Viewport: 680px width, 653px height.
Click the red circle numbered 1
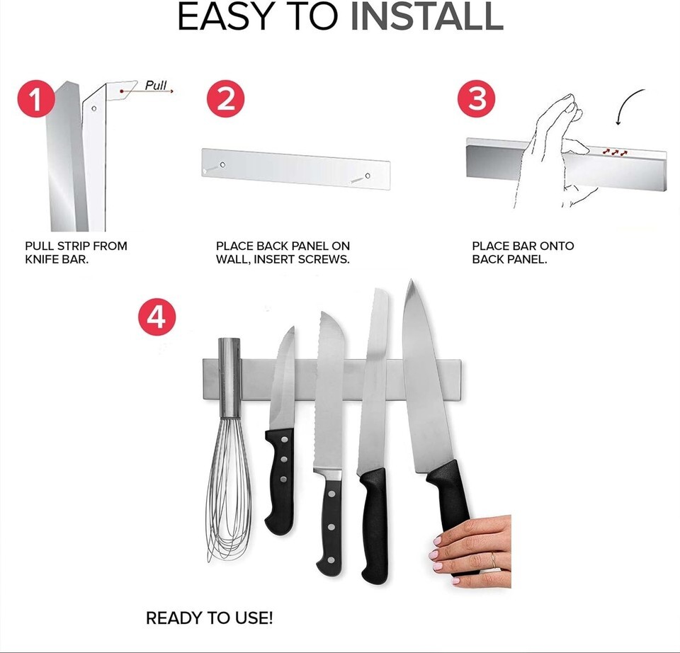point(36,99)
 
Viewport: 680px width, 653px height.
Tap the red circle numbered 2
point(225,99)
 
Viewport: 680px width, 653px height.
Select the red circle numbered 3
point(477,99)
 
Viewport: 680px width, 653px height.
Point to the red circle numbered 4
point(157,317)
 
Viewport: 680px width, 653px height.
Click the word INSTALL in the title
point(426,16)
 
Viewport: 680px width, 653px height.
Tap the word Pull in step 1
point(156,85)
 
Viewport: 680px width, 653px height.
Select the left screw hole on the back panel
point(222,165)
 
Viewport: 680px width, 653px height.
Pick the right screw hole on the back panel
point(368,176)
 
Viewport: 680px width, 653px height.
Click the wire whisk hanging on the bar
point(229,447)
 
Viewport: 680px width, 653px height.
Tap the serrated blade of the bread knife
point(329,390)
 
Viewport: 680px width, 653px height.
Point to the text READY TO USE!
point(210,618)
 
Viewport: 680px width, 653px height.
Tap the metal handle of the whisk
point(229,377)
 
